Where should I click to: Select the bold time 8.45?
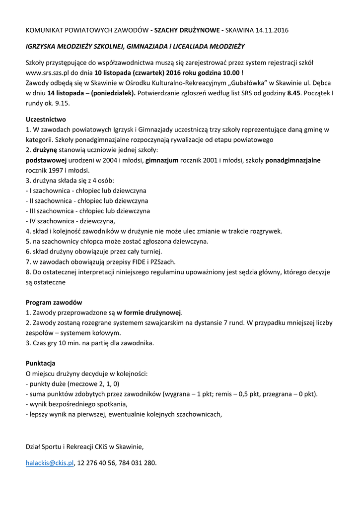click(294, 93)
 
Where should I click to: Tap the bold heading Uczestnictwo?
click(46, 119)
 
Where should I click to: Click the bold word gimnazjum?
click(162, 160)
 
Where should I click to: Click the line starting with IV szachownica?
click(70, 221)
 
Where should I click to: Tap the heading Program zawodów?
click(54, 302)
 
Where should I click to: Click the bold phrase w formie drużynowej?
click(149, 313)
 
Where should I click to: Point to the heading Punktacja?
click(41, 363)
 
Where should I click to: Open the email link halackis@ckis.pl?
click(50, 463)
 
